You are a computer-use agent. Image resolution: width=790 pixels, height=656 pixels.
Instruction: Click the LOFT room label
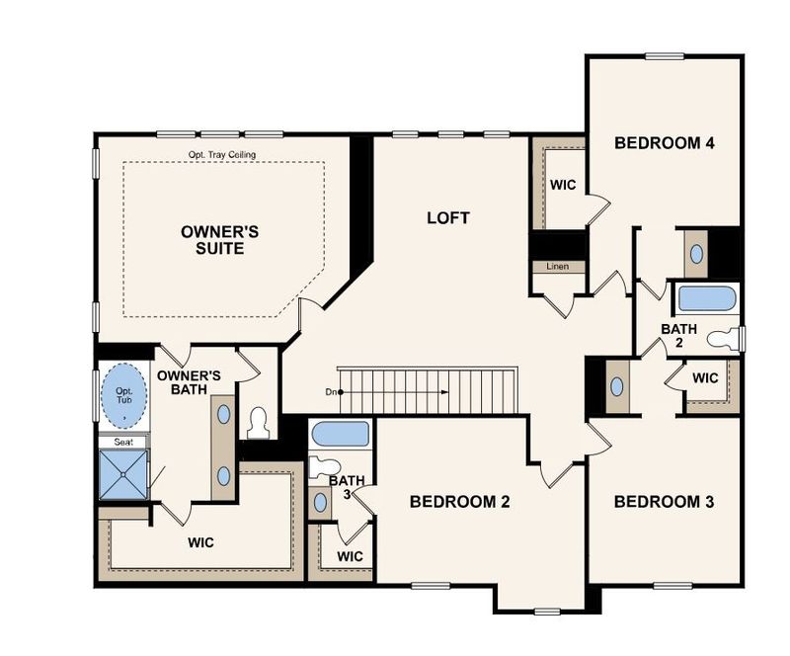pos(448,217)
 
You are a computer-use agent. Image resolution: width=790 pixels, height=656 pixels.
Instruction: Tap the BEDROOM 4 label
pos(664,143)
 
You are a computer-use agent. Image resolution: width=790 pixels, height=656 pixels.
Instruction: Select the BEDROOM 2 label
pos(459,502)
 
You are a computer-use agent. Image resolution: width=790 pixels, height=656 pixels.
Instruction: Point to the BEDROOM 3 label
pos(664,502)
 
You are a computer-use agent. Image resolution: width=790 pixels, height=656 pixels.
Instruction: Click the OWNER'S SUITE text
pos(219,240)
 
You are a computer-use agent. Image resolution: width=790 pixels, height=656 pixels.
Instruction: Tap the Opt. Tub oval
pos(124,396)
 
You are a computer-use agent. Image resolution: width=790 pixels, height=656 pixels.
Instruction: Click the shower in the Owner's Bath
pos(124,474)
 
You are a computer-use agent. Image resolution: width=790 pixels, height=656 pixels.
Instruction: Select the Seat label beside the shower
pos(123,443)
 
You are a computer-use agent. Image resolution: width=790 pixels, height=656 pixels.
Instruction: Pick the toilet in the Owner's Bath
pos(258,423)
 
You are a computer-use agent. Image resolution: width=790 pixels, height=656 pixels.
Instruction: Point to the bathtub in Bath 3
pos(341,434)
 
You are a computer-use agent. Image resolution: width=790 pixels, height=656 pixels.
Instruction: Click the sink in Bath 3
pos(320,502)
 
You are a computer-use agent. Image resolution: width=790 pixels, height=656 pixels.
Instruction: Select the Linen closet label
pos(558,267)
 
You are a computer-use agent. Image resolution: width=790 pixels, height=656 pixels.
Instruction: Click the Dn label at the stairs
pos(331,392)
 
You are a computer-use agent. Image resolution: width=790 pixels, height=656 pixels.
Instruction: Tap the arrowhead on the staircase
pos(444,392)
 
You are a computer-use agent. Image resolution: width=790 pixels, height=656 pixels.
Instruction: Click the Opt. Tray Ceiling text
pos(222,155)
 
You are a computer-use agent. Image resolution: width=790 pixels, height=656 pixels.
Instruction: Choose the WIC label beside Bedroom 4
pos(563,185)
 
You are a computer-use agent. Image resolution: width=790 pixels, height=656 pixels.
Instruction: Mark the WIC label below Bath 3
pos(350,556)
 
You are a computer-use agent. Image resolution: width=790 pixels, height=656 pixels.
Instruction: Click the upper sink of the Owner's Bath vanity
pos(224,414)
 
